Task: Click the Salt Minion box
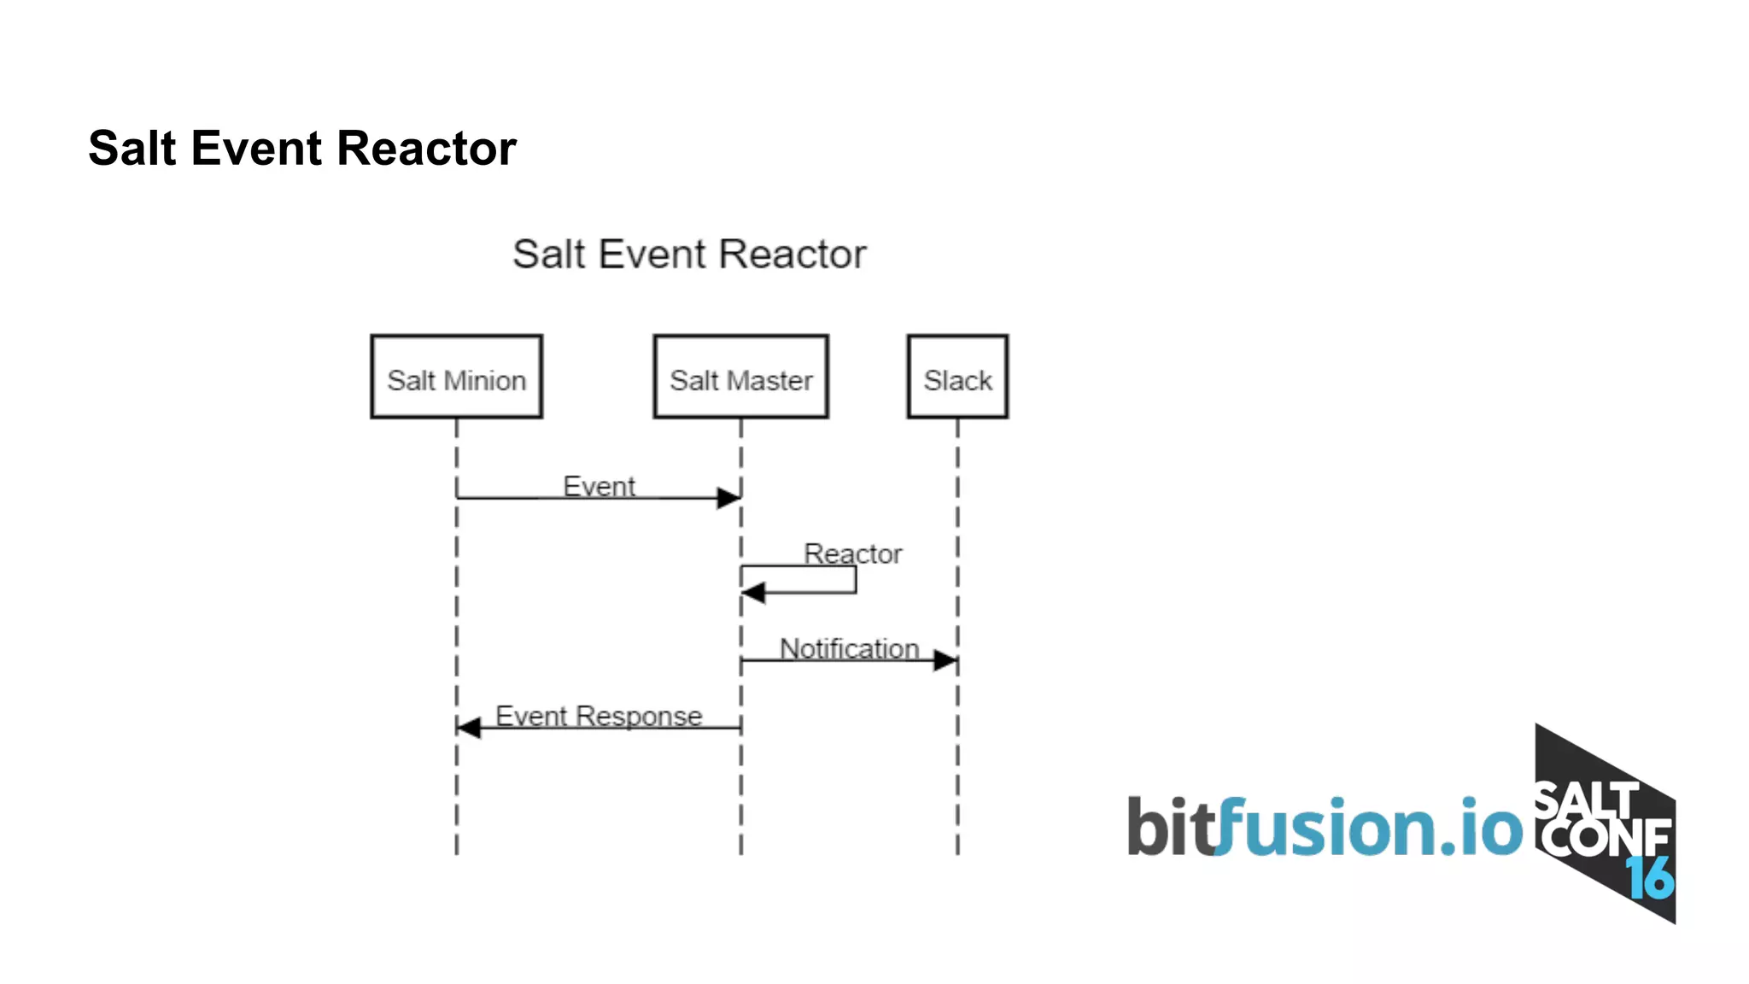(456, 377)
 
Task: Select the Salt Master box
(740, 377)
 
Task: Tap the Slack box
(957, 377)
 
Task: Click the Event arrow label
(599, 486)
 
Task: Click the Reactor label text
(852, 553)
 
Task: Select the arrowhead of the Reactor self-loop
(752, 592)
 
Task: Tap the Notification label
(849, 648)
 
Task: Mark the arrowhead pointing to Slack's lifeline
(945, 660)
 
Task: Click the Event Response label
(599, 715)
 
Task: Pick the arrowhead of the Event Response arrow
(468, 728)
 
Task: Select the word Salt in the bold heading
(132, 148)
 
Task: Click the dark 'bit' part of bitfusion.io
(1168, 826)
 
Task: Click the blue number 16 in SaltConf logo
(1649, 877)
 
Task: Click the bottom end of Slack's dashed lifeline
(957, 851)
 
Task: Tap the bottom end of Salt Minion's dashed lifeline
(456, 851)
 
